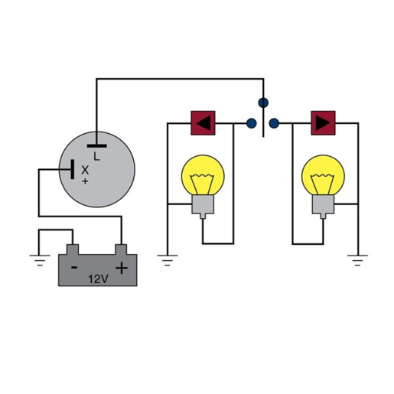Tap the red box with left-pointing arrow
(x=203, y=122)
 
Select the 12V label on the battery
(x=98, y=279)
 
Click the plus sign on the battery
(x=121, y=268)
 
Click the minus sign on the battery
(x=74, y=268)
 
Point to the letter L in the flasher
(x=96, y=156)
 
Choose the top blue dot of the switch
(x=263, y=102)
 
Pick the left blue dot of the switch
(x=251, y=122)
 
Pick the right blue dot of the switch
(x=275, y=122)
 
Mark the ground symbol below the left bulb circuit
(x=168, y=259)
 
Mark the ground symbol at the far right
(x=357, y=259)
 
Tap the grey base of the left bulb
(x=202, y=204)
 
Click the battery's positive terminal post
(x=120, y=248)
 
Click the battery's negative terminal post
(x=73, y=248)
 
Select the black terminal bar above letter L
(x=96, y=144)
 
